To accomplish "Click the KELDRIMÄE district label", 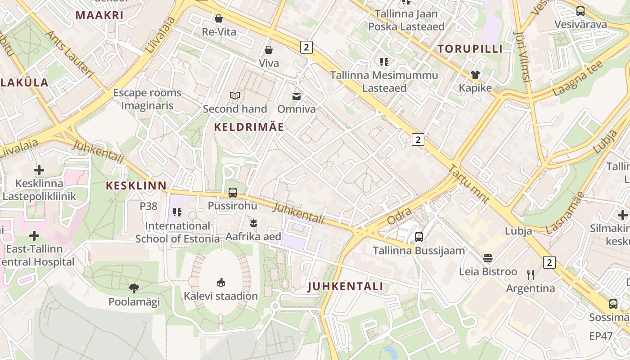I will click(x=249, y=127).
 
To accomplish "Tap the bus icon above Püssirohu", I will click(x=233, y=193).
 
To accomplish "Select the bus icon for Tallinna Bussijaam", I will click(x=419, y=237).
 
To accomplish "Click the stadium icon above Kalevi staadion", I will click(x=220, y=282).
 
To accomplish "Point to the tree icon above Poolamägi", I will click(x=134, y=288).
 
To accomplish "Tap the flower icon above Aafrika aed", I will click(x=254, y=223).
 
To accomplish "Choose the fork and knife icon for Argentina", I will click(x=531, y=274).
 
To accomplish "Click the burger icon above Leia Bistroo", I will click(x=488, y=258).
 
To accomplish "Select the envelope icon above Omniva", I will click(x=297, y=96).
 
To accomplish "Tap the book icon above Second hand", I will click(x=235, y=95).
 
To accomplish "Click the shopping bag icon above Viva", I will click(x=269, y=49).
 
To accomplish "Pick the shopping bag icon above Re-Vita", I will click(x=219, y=18).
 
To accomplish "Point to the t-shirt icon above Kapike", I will click(x=475, y=74).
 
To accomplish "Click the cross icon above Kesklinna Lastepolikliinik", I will click(x=39, y=170).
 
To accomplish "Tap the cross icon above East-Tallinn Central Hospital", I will click(x=34, y=236).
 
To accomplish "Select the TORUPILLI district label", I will click(x=470, y=49).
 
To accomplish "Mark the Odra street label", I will click(x=399, y=216).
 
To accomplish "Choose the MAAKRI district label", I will click(x=99, y=15).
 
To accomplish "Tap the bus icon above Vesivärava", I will click(x=580, y=11).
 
